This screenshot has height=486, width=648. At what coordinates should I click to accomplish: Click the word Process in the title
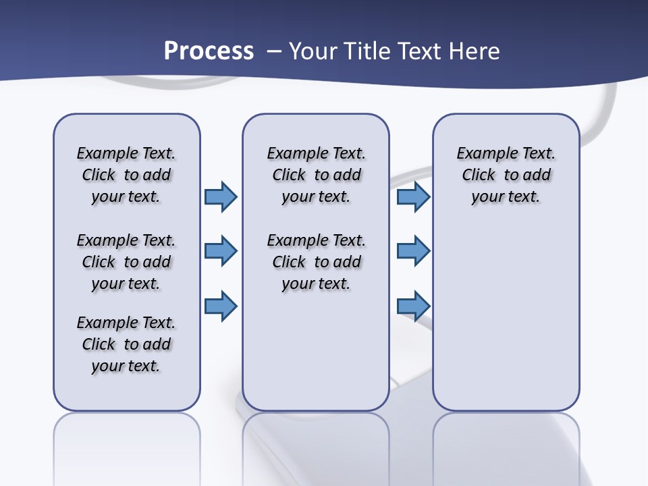pos(209,51)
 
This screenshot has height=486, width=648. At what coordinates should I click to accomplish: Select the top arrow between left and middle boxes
pos(221,196)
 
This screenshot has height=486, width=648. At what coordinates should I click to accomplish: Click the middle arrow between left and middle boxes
pos(221,251)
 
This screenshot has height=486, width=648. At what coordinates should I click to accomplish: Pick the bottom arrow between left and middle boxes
pos(221,306)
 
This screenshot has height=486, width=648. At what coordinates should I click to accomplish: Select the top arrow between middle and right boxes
pos(413,196)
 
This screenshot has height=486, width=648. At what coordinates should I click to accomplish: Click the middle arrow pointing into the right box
pos(413,251)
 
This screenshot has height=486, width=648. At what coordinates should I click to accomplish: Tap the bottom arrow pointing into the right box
pos(413,306)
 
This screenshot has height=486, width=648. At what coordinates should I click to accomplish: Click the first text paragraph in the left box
pos(126,175)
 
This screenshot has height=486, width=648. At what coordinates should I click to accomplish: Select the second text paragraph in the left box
pos(126,262)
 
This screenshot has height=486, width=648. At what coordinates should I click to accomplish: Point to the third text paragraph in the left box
pos(126,344)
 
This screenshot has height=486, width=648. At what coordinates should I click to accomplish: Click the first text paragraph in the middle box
pos(316,175)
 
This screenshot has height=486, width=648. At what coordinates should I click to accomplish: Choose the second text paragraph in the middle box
pos(316,262)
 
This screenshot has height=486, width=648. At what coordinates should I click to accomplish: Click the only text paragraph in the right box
pos(506,175)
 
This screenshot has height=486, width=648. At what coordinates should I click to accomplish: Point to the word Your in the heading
pos(314,51)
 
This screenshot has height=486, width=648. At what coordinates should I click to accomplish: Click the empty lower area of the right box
pos(506,317)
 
